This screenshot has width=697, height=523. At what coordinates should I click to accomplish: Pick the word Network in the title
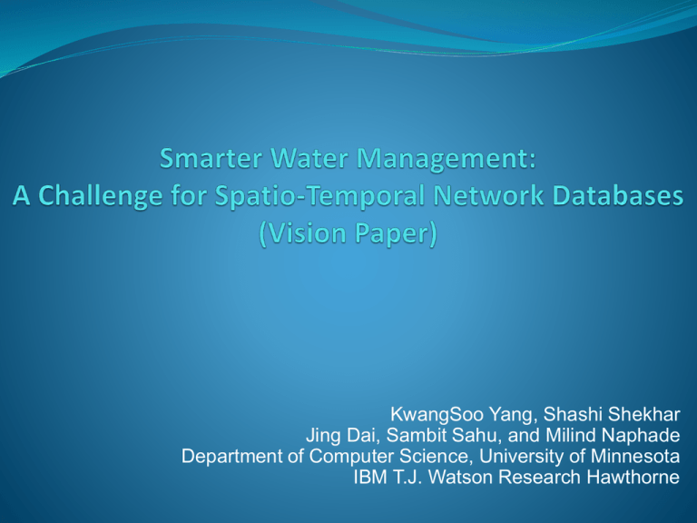(488, 196)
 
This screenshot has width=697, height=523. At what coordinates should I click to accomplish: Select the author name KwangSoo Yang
(461, 415)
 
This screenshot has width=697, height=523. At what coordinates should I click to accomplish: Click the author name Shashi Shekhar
(612, 414)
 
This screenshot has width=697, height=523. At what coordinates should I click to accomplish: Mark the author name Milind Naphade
(613, 436)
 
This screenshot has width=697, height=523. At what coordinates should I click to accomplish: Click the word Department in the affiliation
(235, 457)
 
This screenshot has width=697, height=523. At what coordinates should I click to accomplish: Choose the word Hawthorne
(633, 478)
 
